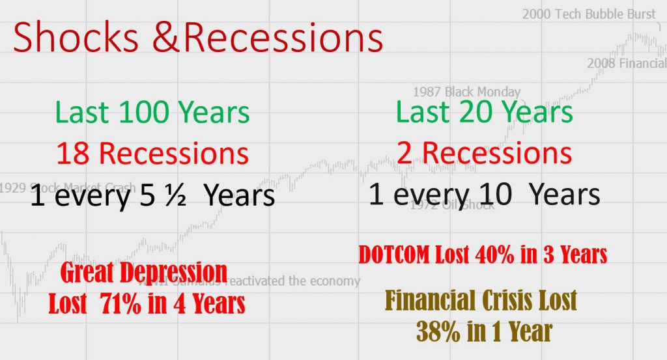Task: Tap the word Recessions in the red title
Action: pos(283,36)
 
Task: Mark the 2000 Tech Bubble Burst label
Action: pos(589,14)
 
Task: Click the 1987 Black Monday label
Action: pos(467,92)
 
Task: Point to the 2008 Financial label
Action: pos(626,63)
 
